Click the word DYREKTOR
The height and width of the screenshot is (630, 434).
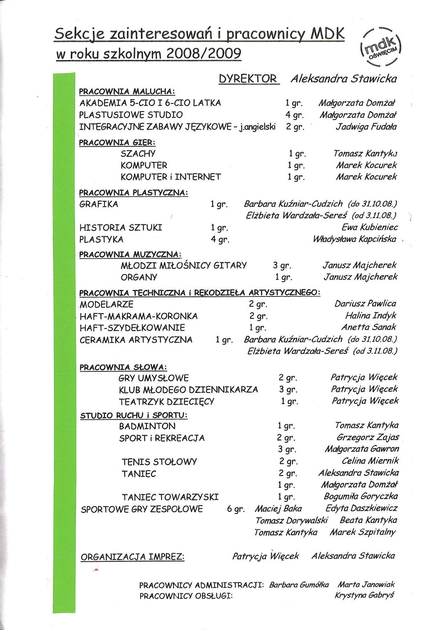pyautogui.click(x=248, y=79)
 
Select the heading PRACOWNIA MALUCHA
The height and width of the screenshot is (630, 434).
pyautogui.click(x=127, y=92)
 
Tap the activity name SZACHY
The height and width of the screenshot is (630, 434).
pyautogui.click(x=138, y=154)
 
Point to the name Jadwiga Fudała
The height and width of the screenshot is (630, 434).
pyautogui.click(x=366, y=127)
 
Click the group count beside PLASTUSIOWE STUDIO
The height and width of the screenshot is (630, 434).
pyautogui.click(x=295, y=115)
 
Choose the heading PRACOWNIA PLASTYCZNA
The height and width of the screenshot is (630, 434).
pyautogui.click(x=133, y=193)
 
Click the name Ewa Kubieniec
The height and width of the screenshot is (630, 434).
pyautogui.click(x=369, y=227)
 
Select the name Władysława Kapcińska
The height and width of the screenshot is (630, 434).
pyautogui.click(x=354, y=239)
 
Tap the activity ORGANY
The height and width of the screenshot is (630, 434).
pyautogui.click(x=139, y=277)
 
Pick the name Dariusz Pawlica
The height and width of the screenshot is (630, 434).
pyautogui.click(x=365, y=304)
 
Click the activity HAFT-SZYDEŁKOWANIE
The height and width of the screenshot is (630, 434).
pyautogui.click(x=132, y=328)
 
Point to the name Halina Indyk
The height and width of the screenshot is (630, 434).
pyautogui.click(x=371, y=316)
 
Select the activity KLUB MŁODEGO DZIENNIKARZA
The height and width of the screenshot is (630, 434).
pyautogui.click(x=188, y=390)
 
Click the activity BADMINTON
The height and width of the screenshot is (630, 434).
pyautogui.click(x=147, y=426)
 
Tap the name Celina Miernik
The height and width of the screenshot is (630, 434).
pyautogui.click(x=370, y=461)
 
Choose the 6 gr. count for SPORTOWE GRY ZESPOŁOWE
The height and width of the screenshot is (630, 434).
pyautogui.click(x=236, y=509)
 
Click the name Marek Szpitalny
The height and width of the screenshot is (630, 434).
pyautogui.click(x=363, y=532)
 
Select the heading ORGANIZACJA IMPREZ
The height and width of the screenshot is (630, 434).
pyautogui.click(x=133, y=557)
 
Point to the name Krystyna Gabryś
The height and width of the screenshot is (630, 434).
pyautogui.click(x=364, y=595)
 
